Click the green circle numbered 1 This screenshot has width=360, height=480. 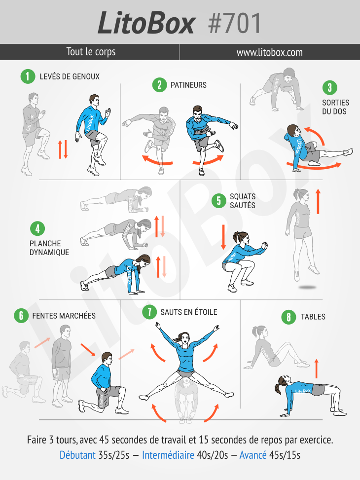[x=28, y=76]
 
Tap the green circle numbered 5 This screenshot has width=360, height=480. [x=219, y=201]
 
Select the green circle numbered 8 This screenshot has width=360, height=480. [x=288, y=317]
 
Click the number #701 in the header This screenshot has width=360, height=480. [x=234, y=23]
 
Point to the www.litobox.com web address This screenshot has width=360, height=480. [x=269, y=52]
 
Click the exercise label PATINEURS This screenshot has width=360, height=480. [x=188, y=85]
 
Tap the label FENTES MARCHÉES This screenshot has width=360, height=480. [x=64, y=316]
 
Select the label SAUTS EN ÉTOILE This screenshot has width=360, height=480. [x=189, y=312]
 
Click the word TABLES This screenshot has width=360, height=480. [x=313, y=317]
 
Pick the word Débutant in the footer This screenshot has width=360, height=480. [x=77, y=455]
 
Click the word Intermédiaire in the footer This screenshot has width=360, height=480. [x=168, y=455]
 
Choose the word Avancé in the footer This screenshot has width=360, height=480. [x=253, y=455]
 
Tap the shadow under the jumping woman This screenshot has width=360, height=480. [x=307, y=288]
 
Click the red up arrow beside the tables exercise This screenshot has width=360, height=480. [x=317, y=369]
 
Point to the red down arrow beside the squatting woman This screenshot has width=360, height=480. [x=223, y=237]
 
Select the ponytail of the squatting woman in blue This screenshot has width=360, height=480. [x=236, y=237]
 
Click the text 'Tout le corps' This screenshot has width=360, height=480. [x=91, y=52]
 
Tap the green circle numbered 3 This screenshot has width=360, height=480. [x=330, y=88]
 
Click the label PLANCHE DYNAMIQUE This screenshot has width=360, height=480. [x=49, y=248]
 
